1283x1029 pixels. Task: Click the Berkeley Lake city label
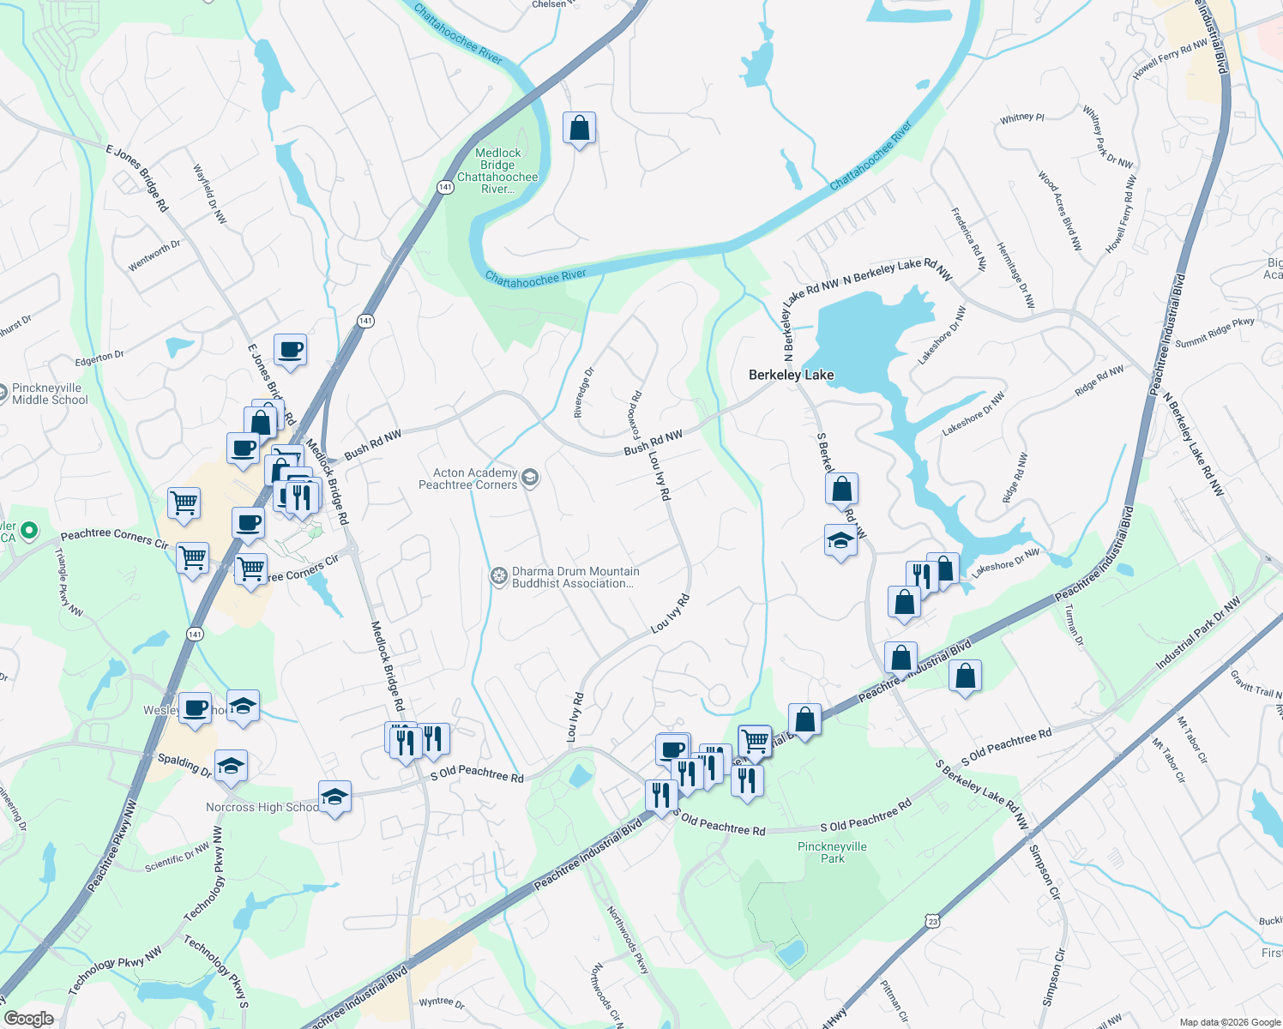click(x=791, y=375)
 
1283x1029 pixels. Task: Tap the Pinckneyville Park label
click(x=832, y=852)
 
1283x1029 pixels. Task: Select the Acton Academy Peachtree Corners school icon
click(x=530, y=478)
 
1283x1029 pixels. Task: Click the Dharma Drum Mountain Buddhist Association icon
click(x=499, y=576)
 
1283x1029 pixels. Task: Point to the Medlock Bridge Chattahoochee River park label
click(x=497, y=171)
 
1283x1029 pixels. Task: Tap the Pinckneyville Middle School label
click(x=50, y=394)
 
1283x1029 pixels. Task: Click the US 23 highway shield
click(x=932, y=921)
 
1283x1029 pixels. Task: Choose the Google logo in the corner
click(x=28, y=1018)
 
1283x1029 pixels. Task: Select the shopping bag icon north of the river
click(x=580, y=129)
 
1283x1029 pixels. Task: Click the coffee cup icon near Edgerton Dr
click(x=291, y=350)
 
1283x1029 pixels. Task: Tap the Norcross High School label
click(x=261, y=807)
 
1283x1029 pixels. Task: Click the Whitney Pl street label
click(x=1021, y=118)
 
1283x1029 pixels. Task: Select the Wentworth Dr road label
click(x=154, y=256)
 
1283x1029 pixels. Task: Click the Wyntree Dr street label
click(x=442, y=1002)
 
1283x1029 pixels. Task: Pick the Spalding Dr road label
click(x=184, y=765)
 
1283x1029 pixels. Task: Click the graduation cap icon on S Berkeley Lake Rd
click(x=840, y=541)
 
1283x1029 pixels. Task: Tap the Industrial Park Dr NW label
click(x=1198, y=634)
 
